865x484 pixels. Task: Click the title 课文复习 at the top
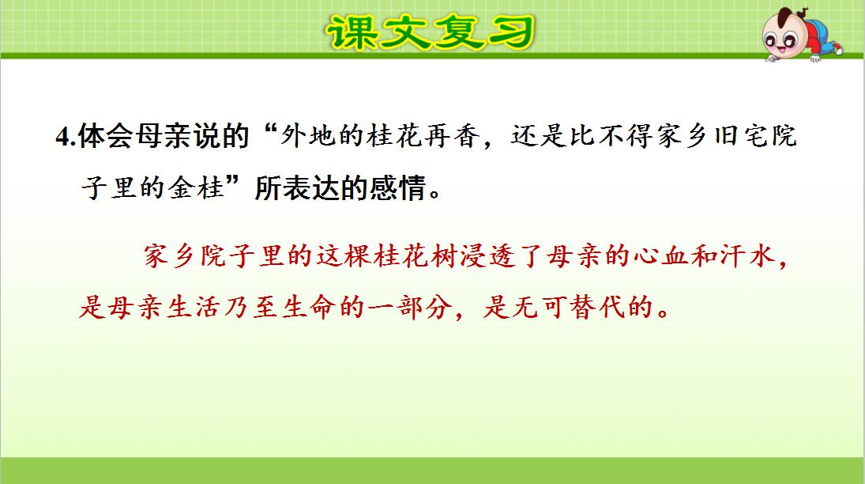[430, 32]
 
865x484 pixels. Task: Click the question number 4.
[63, 137]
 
